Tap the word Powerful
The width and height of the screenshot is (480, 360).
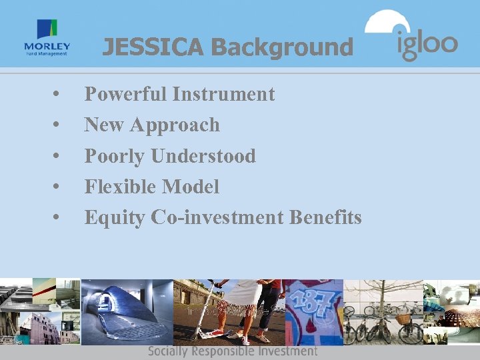pyautogui.click(x=125, y=94)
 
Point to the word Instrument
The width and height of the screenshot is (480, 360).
pyautogui.click(x=223, y=94)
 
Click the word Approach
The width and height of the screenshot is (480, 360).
pyautogui.click(x=175, y=125)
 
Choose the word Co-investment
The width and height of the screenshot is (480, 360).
pyautogui.click(x=218, y=217)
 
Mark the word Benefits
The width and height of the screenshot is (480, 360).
pyautogui.click(x=326, y=217)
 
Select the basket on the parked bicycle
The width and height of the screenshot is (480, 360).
pyautogui.click(x=403, y=318)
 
